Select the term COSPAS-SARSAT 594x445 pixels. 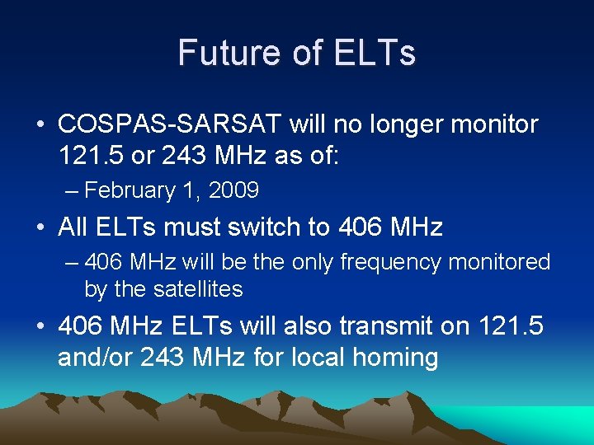(170, 125)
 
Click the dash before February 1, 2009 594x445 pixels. (72, 192)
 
